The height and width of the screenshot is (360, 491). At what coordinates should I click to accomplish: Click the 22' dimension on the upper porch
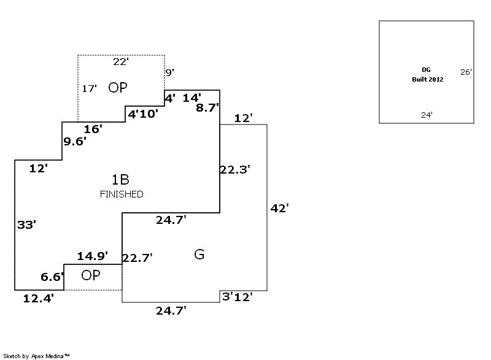(121, 61)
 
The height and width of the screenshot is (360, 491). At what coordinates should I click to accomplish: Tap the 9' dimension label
(169, 72)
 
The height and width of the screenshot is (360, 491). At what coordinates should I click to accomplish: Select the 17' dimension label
(90, 89)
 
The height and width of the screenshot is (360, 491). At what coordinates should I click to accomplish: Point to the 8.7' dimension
(207, 107)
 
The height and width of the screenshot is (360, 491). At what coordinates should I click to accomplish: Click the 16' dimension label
(93, 129)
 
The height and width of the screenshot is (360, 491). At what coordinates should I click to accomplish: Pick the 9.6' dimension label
(75, 141)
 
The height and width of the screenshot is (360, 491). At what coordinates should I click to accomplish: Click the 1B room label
(120, 180)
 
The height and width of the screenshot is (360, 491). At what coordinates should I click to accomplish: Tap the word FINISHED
(122, 194)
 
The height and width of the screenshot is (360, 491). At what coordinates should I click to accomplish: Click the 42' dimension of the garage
(279, 208)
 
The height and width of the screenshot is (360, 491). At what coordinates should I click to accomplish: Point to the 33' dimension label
(26, 225)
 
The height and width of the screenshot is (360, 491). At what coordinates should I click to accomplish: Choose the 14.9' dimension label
(93, 255)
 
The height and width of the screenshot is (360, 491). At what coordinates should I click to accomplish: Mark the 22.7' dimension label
(137, 258)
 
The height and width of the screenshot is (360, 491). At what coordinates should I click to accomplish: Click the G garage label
(199, 254)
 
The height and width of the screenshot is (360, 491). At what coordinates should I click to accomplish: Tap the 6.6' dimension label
(52, 277)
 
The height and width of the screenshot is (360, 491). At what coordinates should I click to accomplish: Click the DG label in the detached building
(426, 70)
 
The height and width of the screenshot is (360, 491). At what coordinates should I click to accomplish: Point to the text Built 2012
(427, 80)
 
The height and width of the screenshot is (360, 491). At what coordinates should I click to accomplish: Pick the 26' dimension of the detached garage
(466, 72)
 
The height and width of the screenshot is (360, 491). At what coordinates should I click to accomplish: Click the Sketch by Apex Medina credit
(36, 356)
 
